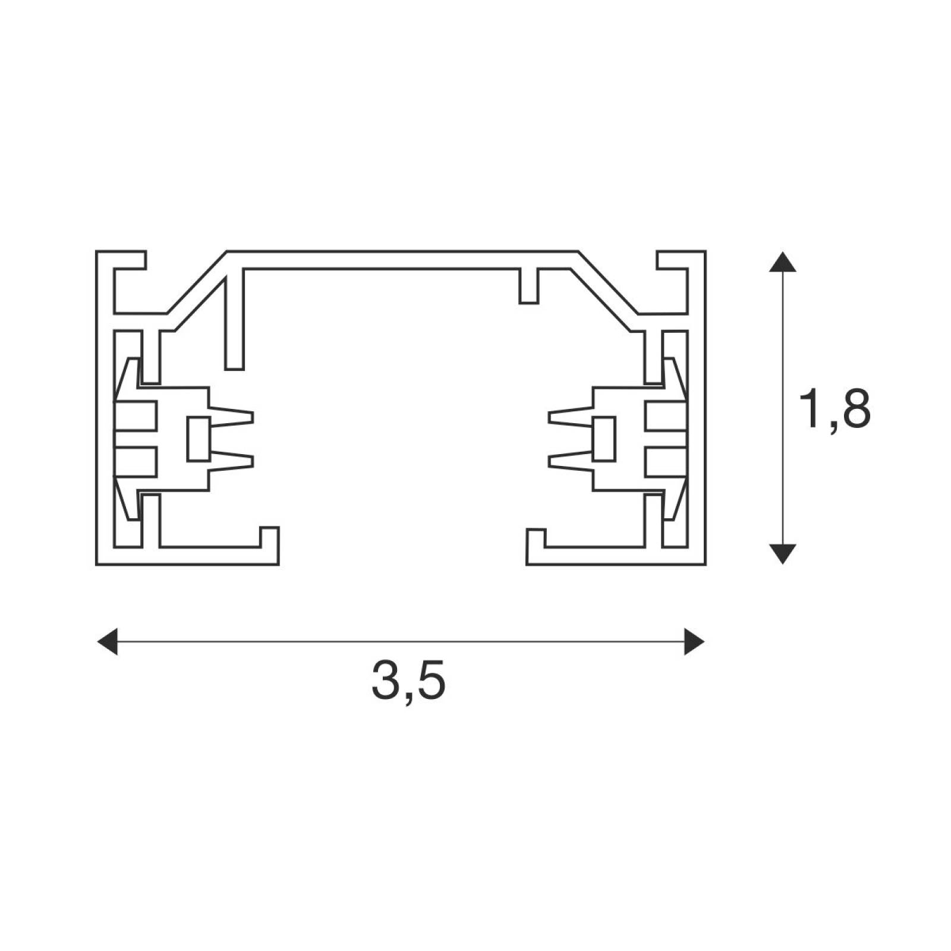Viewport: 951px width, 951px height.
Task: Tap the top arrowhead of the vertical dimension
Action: click(783, 262)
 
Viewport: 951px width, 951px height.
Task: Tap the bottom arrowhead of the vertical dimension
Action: click(783, 553)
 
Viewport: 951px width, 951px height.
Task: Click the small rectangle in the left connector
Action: click(197, 439)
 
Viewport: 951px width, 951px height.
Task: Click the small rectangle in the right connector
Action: click(603, 439)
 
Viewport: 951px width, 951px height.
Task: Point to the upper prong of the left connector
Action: click(231, 415)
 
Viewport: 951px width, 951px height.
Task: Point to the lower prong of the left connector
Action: click(231, 462)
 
